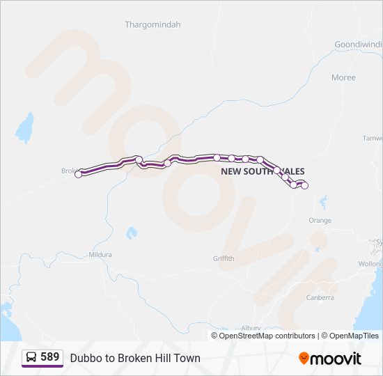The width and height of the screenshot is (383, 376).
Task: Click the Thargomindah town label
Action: point(153,24)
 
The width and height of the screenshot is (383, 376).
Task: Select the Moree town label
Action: point(343,77)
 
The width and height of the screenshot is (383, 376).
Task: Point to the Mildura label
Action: point(100,255)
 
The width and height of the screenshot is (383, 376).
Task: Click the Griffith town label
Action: point(224,258)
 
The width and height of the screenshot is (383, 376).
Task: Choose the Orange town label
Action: point(320,220)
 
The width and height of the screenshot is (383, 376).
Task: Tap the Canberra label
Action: point(320,297)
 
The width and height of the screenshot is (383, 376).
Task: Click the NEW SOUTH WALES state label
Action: point(263,171)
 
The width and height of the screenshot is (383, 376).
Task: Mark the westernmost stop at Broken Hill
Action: point(79,174)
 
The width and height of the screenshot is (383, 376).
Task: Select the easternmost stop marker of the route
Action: point(304,185)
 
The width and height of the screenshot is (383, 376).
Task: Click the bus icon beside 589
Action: point(31,357)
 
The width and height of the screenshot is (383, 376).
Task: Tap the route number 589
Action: point(49,357)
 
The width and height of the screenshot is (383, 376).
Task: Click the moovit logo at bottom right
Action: point(330,358)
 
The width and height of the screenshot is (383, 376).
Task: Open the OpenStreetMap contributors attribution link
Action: point(267,336)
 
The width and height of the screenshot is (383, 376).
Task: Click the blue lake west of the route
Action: point(25,127)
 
